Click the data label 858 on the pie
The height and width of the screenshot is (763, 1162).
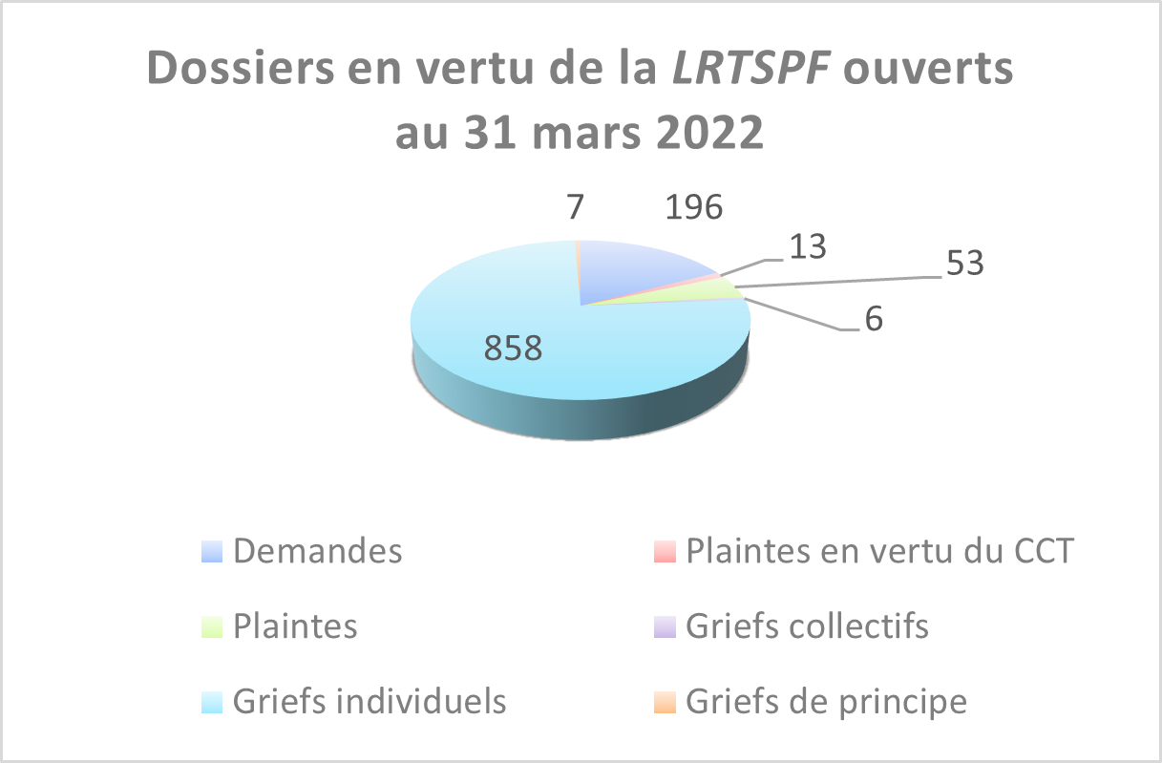click(x=514, y=349)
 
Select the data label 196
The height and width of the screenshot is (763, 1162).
click(x=693, y=209)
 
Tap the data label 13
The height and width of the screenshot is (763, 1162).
click(x=807, y=246)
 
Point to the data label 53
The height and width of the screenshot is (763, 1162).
click(x=964, y=264)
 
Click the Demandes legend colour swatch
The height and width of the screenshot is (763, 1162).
click(x=212, y=552)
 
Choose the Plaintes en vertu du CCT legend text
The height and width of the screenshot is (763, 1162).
click(x=879, y=551)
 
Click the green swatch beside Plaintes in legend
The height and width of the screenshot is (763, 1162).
click(x=212, y=627)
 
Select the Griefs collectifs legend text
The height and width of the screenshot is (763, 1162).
click(x=807, y=626)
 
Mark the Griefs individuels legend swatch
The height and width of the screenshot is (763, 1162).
click(x=212, y=703)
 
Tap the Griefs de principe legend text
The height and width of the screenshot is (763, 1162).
click(x=826, y=702)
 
